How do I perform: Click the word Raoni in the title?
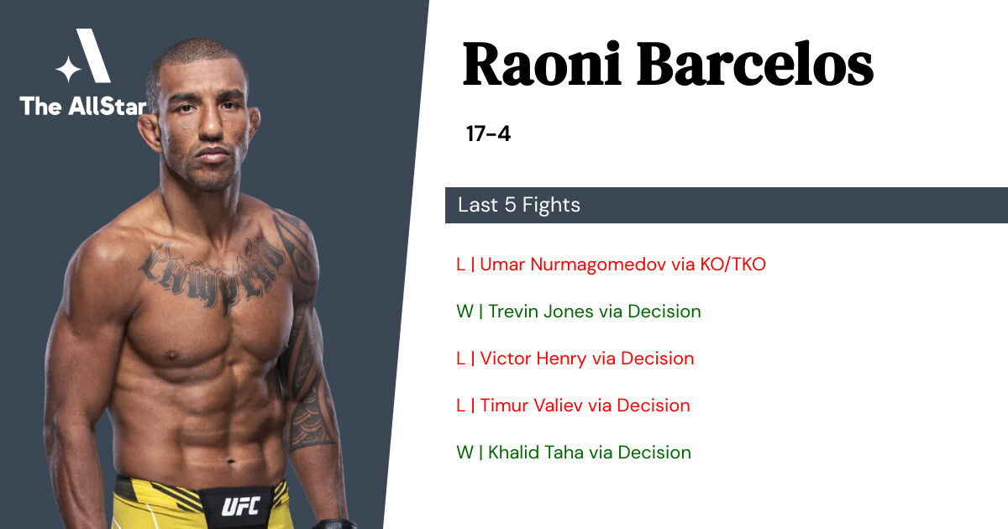point(543,64)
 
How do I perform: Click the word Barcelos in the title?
point(755,64)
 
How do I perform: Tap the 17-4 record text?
point(488,134)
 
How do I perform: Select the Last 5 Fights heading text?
point(519,205)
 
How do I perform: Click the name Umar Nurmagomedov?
point(573,264)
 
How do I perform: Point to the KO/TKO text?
point(732,264)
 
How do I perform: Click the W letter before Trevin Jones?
point(465,312)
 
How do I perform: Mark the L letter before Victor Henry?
point(460,359)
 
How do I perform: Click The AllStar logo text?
point(83,106)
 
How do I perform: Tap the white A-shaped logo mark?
point(93,55)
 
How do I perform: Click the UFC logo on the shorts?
point(241,506)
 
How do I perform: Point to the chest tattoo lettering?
point(212,275)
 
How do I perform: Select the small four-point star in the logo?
point(68,69)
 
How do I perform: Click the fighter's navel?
point(231,461)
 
